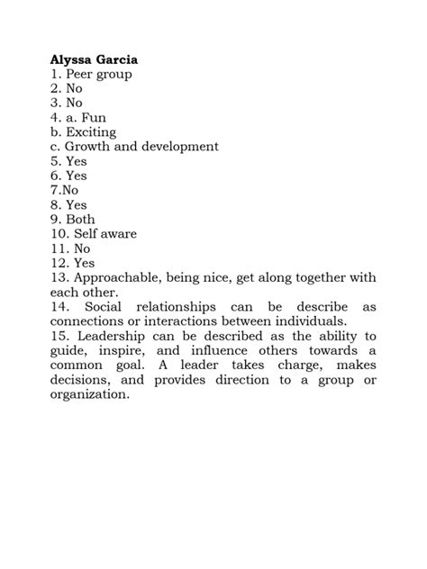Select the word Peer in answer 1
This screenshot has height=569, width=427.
tap(80, 74)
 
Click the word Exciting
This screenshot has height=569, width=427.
tap(90, 131)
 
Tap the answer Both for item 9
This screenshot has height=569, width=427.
tap(80, 219)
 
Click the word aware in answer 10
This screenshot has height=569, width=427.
tap(119, 233)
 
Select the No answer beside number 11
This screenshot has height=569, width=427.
tap(83, 248)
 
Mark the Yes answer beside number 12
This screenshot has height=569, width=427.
tap(84, 263)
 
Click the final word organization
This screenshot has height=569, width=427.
tap(90, 394)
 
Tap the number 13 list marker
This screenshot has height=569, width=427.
tap(59, 278)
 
